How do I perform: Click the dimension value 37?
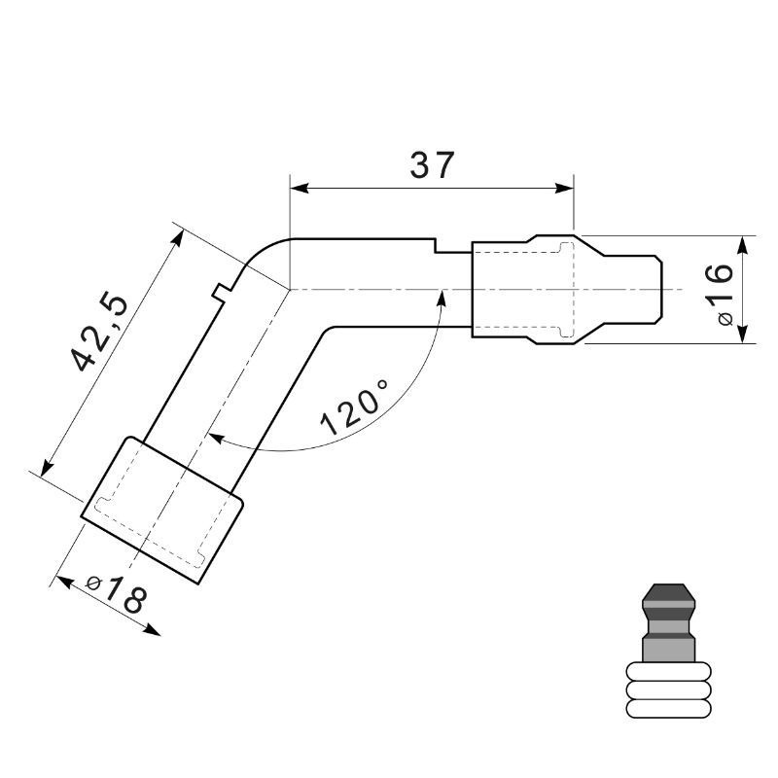pos(432,165)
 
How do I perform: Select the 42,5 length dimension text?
pos(100,334)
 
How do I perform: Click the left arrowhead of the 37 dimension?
pos(300,189)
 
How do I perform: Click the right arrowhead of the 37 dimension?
pos(564,189)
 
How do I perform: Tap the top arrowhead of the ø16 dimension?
pos(743,246)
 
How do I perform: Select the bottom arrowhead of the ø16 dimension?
pos(743,334)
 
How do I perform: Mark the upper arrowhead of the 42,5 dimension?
pos(177,238)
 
